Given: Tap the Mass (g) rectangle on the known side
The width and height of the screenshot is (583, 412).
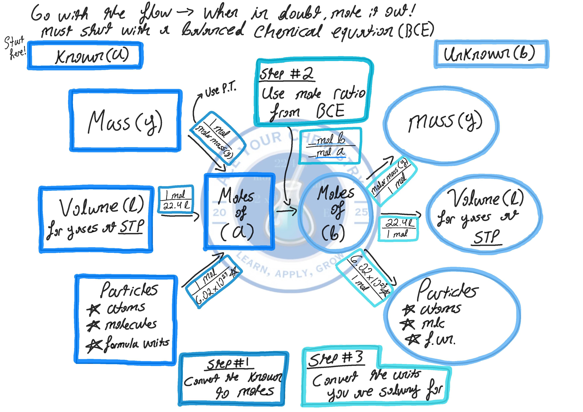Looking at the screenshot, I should tap(125, 121).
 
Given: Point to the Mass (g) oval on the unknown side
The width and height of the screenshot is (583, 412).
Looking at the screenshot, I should tap(441, 126).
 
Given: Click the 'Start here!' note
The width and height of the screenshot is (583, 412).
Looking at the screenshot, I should tap(15, 48).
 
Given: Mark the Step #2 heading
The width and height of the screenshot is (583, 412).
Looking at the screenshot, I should tap(286, 74).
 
